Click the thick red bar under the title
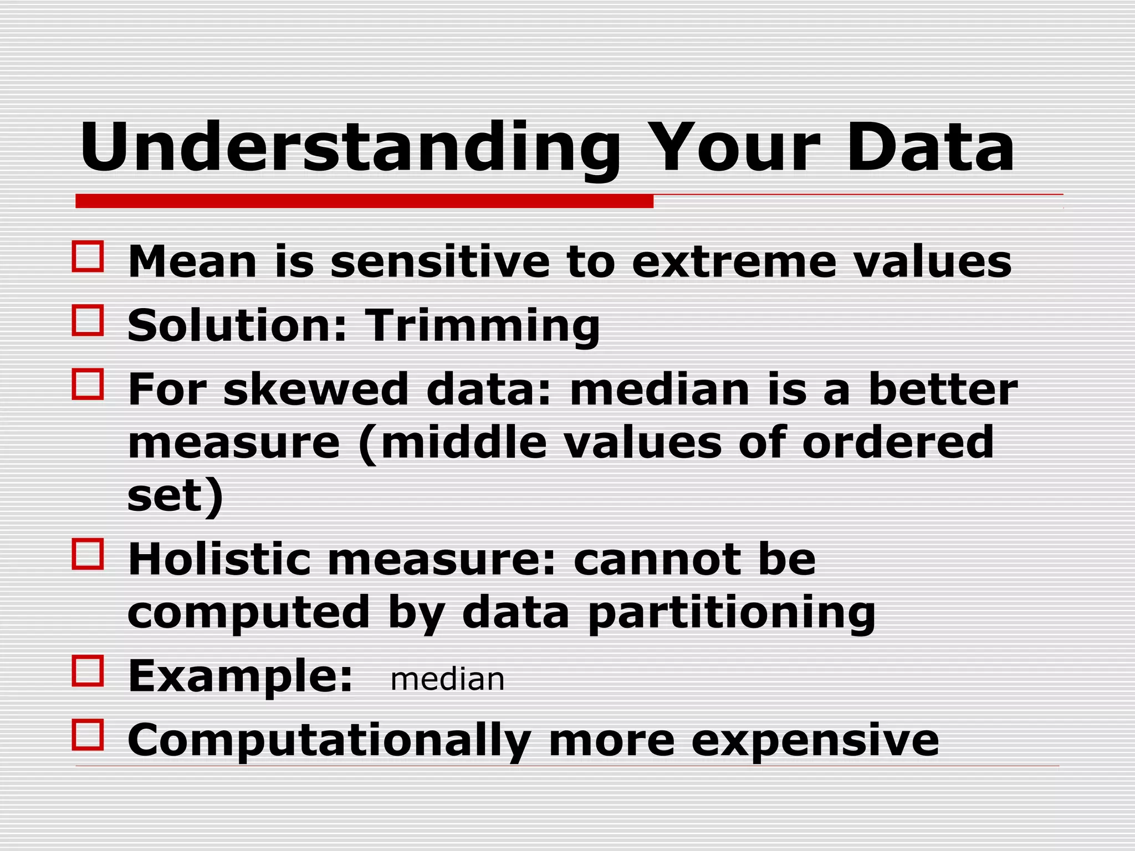click(364, 201)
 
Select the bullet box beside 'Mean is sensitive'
click(88, 256)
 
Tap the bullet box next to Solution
click(88, 320)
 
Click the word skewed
click(316, 389)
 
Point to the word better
click(943, 389)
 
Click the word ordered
click(898, 442)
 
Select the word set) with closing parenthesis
click(175, 496)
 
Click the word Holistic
click(219, 560)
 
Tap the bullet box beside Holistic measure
click(88, 554)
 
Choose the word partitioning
click(732, 614)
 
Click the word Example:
click(240, 677)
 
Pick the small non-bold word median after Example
click(447, 680)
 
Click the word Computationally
click(329, 741)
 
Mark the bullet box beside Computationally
click(88, 735)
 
